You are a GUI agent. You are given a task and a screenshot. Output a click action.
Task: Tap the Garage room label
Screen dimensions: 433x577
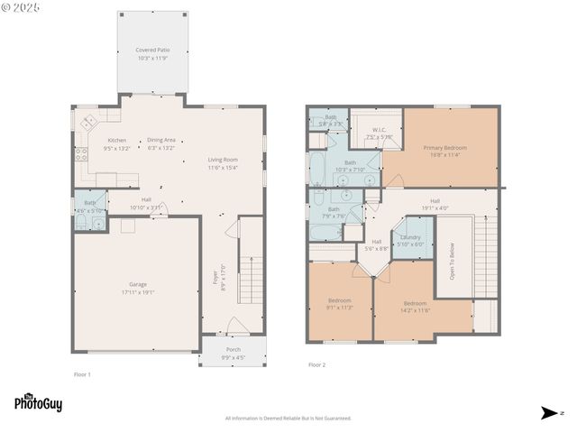point(137,288)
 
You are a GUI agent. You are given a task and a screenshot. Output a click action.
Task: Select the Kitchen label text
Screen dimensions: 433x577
point(117,144)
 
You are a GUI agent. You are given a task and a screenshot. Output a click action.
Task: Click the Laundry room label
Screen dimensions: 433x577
point(410,241)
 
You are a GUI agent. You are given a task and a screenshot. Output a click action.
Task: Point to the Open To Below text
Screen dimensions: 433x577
point(453,262)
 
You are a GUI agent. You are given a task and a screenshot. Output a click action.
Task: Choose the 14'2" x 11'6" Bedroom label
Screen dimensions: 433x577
point(415,307)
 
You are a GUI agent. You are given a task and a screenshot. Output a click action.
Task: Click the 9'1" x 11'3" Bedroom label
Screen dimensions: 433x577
point(340,304)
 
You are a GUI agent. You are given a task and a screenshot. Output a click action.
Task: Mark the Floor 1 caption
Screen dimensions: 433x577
point(82,373)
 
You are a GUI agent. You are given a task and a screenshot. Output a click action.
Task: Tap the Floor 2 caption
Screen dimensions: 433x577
point(316,364)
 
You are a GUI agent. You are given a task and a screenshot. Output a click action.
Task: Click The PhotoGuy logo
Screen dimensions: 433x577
point(38,403)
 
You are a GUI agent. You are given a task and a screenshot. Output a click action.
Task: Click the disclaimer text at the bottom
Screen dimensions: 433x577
point(288,418)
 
